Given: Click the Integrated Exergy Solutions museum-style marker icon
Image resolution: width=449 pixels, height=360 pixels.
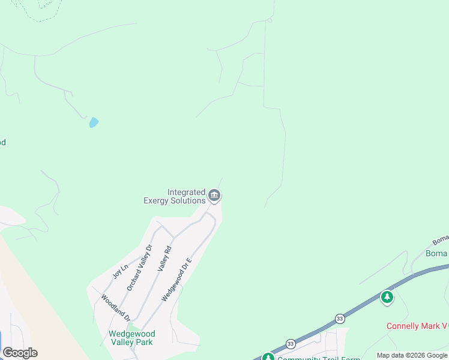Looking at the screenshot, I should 214,196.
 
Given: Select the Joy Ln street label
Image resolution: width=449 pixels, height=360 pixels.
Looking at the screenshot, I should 121,272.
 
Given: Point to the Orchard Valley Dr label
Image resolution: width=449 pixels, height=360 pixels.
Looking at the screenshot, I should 139,268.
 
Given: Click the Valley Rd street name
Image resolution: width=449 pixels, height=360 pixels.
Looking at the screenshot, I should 164,259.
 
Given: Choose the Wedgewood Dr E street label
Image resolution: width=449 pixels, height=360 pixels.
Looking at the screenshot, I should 177,280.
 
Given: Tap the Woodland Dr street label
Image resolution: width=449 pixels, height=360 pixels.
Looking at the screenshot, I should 115,307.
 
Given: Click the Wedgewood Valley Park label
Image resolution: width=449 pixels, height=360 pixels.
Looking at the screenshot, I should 131,338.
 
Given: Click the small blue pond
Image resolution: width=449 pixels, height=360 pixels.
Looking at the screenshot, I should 94,122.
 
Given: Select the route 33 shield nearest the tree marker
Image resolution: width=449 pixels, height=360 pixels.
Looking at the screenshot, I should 340,318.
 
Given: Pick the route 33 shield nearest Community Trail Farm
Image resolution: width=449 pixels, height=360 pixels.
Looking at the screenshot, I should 291,344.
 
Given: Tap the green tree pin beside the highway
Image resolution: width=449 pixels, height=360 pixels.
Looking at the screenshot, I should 387,297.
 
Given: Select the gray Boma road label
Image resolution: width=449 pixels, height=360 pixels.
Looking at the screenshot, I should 440,240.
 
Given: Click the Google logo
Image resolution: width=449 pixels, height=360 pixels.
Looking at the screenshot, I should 20,353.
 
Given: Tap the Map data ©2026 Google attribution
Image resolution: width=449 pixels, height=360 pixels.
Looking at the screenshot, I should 412,355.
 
